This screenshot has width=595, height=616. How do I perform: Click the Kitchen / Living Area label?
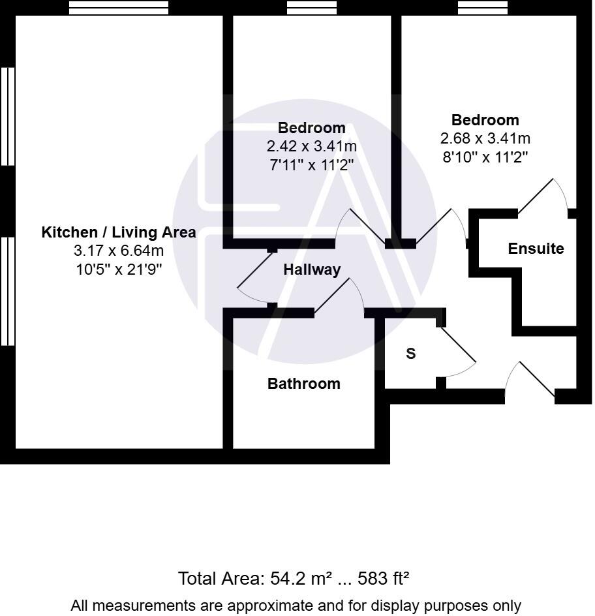pyautogui.click(x=118, y=232)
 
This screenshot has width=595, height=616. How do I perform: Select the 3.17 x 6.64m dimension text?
pyautogui.click(x=118, y=251)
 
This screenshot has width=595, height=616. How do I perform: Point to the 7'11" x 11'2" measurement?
pyautogui.click(x=311, y=164)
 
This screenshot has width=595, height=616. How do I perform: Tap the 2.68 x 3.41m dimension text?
pyautogui.click(x=485, y=138)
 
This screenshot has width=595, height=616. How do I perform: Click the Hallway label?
pyautogui.click(x=311, y=269)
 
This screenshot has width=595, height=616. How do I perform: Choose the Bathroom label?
pyautogui.click(x=303, y=384)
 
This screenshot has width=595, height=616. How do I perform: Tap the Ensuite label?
pyautogui.click(x=536, y=249)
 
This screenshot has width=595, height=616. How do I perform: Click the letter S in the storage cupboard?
pyautogui.click(x=410, y=354)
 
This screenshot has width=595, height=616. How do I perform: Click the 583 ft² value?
pyautogui.click(x=384, y=579)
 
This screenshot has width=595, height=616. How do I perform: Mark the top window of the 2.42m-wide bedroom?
pyautogui.click(x=311, y=8)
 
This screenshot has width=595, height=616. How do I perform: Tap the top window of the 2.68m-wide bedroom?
pyautogui.click(x=482, y=8)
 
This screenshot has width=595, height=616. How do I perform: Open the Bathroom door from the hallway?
pyautogui.click(x=339, y=297)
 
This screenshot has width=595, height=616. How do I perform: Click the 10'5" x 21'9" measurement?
pyautogui.click(x=118, y=269)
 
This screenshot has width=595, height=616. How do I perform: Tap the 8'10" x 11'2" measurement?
pyautogui.click(x=485, y=157)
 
